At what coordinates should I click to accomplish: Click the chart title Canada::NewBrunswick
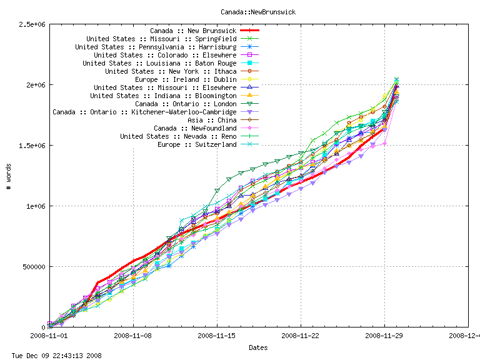258,11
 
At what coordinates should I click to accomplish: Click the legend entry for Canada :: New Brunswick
193,31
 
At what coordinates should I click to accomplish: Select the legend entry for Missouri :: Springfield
161,39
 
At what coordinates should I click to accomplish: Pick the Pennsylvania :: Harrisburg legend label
156,47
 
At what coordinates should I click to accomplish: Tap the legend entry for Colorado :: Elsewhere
161,55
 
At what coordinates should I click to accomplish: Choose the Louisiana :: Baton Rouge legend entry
159,63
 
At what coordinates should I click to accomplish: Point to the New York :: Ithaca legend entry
171,71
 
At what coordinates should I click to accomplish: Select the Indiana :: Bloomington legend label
163,96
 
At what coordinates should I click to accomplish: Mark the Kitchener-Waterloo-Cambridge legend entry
144,112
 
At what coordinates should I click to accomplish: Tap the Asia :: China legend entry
212,120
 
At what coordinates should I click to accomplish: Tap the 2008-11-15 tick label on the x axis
217,336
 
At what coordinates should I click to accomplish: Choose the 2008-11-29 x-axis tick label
384,336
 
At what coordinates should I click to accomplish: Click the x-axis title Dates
258,347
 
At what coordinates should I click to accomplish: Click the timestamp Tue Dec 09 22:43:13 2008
56,355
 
